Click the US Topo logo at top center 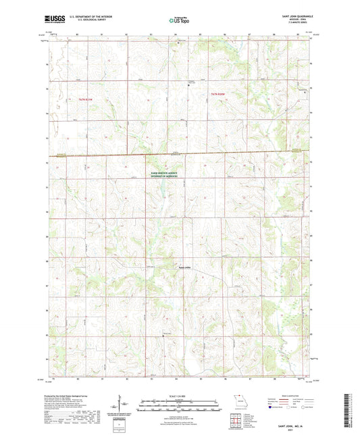point(179,21)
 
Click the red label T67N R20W point(217,93)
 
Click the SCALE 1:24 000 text point(179,395)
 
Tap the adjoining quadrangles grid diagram point(234,419)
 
